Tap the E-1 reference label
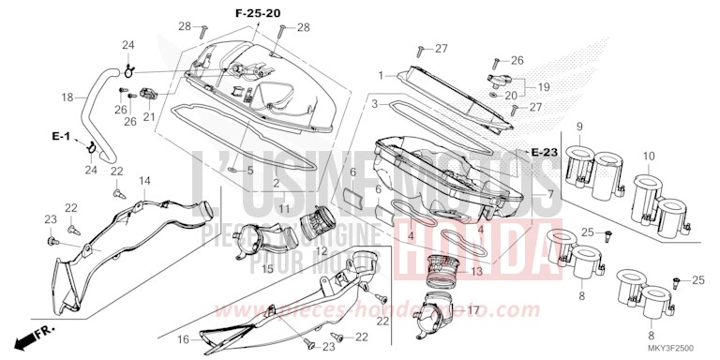[x=61, y=138]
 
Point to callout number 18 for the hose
[x=67, y=97]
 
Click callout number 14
[x=145, y=179]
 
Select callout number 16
[x=185, y=338]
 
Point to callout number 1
[x=382, y=74]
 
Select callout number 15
[x=267, y=269]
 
